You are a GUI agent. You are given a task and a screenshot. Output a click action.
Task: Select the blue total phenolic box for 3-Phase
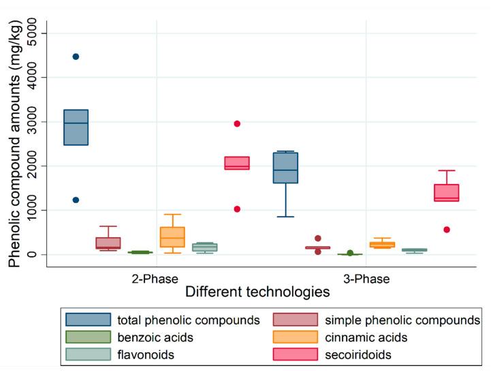coord(285,168)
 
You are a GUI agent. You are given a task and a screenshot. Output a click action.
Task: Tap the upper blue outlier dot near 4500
coord(76,57)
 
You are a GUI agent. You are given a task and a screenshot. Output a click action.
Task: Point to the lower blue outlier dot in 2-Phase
coord(76,200)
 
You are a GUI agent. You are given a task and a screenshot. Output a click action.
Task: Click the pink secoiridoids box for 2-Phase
coord(237,163)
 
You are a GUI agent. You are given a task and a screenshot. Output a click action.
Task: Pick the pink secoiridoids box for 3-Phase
coord(447,192)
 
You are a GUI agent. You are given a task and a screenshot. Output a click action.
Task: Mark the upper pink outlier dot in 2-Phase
coord(237,123)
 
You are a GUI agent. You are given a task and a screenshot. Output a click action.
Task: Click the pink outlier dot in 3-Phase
coord(447,230)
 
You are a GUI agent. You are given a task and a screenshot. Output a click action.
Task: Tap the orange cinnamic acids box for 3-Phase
coord(382,245)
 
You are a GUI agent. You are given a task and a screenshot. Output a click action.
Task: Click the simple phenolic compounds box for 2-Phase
coord(108,243)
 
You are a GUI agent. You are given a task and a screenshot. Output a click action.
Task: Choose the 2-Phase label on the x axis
coord(156,279)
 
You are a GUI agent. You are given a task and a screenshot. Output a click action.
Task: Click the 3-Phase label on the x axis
coord(366,279)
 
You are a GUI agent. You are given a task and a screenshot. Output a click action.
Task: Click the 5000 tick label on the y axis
coord(33,33)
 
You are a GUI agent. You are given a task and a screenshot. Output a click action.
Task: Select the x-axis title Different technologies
coord(258,292)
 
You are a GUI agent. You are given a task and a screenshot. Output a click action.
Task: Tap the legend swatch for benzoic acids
coord(88,337)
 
